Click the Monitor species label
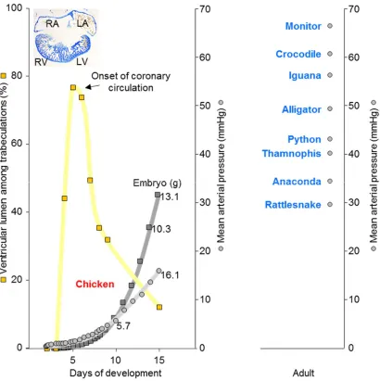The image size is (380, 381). (303, 26)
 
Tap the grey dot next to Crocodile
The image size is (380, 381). (330, 54)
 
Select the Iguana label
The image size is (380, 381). (305, 75)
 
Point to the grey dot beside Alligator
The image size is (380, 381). (330, 108)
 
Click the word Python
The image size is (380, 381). (304, 139)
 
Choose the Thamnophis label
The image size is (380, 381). (292, 154)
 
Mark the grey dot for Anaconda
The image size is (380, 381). (330, 181)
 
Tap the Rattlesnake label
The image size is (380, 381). (293, 205)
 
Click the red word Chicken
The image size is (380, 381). (95, 284)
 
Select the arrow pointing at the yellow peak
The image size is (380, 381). (93, 87)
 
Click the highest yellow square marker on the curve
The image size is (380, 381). (73, 87)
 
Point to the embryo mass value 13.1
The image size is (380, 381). (170, 197)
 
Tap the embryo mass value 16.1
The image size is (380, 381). (170, 275)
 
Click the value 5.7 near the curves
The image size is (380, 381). (123, 326)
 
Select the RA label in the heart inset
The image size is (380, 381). (52, 24)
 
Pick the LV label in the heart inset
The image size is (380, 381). (82, 62)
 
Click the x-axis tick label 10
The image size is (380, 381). (116, 360)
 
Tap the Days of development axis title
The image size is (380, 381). (116, 373)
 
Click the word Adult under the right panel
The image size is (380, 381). (303, 373)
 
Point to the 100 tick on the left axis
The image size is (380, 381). (15, 8)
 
